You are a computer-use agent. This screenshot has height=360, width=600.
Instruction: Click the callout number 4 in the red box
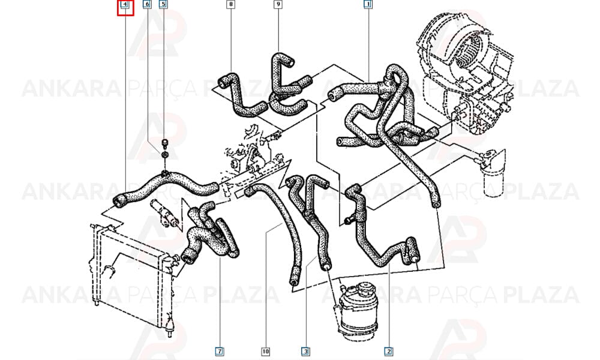click(x=125, y=5)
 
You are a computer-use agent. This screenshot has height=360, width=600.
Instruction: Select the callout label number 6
click(x=147, y=5)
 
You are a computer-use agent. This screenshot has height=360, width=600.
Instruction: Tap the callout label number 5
click(x=163, y=5)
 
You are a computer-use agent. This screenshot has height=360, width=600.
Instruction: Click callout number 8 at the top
click(x=231, y=5)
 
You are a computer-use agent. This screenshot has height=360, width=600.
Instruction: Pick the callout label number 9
click(x=278, y=5)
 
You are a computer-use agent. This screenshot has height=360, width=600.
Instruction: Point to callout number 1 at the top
click(x=368, y=5)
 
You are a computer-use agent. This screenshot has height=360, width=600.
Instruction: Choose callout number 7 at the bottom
click(x=220, y=351)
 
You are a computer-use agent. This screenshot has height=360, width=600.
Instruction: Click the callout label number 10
click(x=266, y=351)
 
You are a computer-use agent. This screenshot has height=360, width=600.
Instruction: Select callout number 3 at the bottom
click(x=305, y=351)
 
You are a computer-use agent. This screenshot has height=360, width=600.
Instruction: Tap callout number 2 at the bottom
click(x=388, y=351)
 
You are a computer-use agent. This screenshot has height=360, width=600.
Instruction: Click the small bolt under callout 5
click(x=165, y=143)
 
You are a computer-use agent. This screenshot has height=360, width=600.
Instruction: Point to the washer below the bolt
click(x=164, y=155)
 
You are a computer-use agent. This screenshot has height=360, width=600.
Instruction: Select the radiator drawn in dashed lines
click(x=130, y=274)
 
